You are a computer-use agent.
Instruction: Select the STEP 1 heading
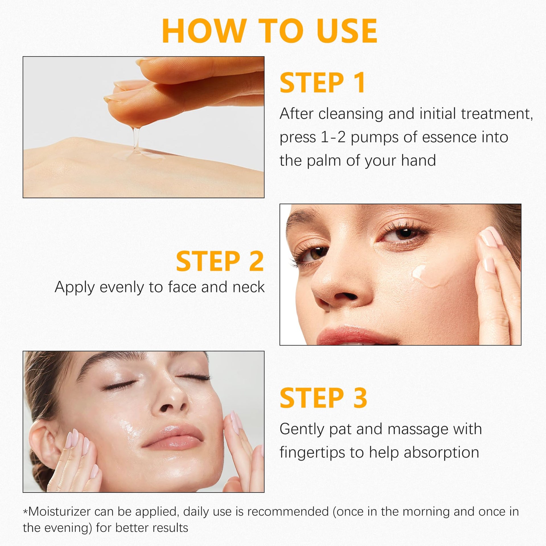322,83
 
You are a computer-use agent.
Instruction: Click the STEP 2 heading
220,261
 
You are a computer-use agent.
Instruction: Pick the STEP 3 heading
323,398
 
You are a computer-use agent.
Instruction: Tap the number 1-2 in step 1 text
333,137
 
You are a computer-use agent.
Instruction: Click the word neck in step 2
249,287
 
